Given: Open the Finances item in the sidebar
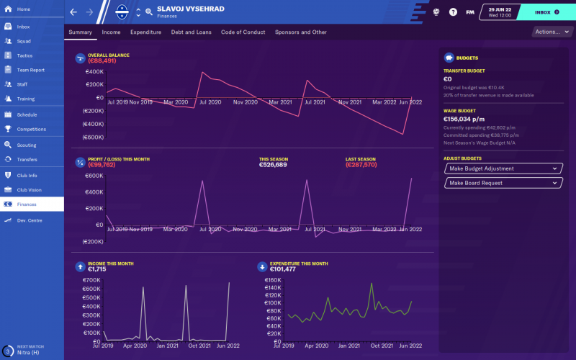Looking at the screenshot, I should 27,204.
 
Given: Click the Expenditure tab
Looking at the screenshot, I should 145,32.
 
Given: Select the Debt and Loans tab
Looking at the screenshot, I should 192,32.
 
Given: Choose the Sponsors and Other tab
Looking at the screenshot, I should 301,32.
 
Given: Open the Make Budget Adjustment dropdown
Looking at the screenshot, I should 502,168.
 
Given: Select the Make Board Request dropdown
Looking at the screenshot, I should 502,183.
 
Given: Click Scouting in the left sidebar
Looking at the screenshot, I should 27,145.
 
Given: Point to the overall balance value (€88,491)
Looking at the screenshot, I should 102,61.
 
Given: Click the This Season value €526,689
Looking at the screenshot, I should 273,165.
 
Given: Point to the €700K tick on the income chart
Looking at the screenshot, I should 91,279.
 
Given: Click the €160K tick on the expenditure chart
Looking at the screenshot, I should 272,279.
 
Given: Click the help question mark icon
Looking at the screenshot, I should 453,12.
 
